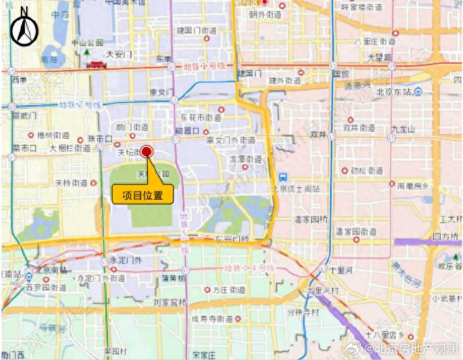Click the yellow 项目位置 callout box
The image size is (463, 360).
142,195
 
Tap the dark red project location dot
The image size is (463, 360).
146,152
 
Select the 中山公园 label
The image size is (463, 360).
89,42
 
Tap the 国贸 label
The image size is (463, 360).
340,74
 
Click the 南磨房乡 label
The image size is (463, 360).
409,185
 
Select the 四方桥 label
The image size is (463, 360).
445,236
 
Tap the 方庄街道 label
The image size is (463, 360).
228,290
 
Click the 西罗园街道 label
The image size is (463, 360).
46,287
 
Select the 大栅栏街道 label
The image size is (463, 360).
70,147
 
